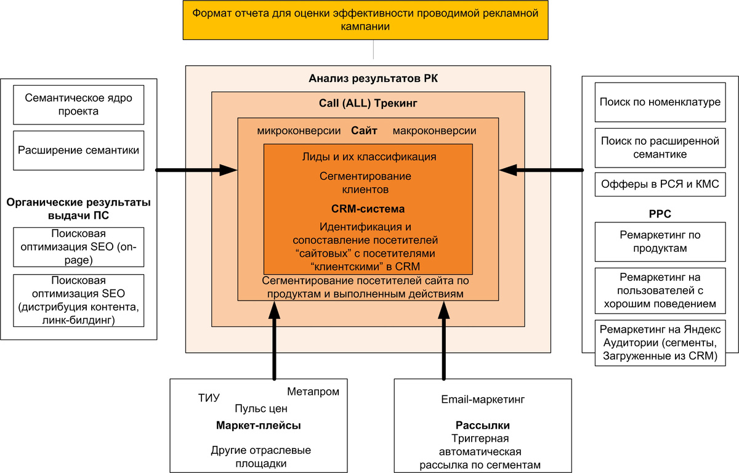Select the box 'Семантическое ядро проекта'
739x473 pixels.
[79, 104]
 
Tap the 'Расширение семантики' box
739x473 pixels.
[79, 150]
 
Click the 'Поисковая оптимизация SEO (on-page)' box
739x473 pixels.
[79, 247]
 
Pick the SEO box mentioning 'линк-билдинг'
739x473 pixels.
[79, 301]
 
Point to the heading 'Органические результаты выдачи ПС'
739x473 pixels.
[79, 209]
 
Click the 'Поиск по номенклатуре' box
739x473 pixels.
[660, 102]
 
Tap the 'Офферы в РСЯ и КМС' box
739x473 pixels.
[660, 184]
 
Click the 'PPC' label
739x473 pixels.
[660, 214]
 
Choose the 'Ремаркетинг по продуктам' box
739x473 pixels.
[660, 241]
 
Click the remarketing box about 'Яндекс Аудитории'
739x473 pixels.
[660, 343]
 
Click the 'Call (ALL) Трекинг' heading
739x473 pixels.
[368, 103]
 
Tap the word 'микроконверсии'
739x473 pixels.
[299, 131]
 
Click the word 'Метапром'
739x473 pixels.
[313, 392]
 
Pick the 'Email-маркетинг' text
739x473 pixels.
[483, 400]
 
